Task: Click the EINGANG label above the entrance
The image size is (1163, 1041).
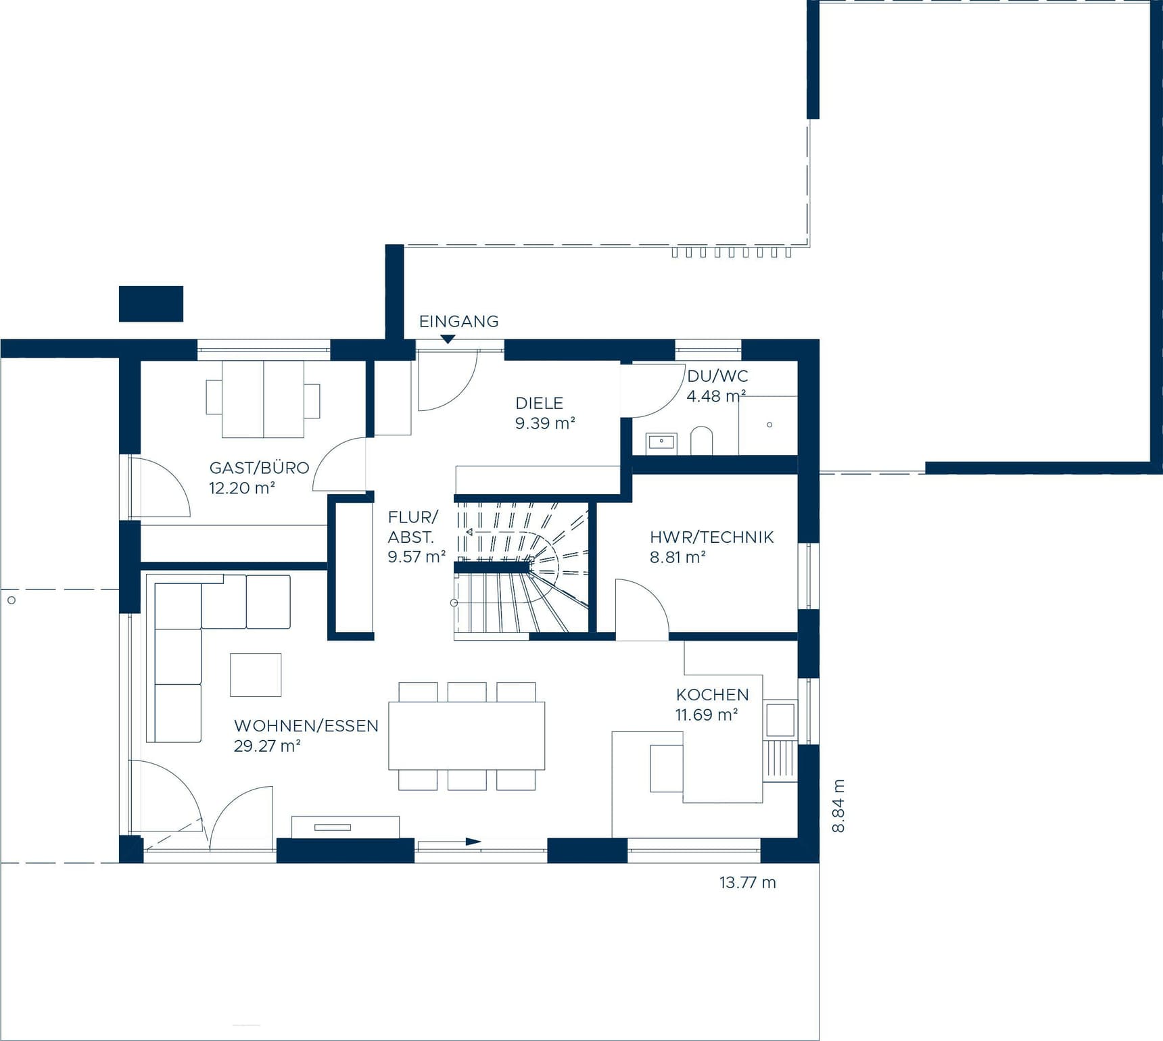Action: [x=458, y=322]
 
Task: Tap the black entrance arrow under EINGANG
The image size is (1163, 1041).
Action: [x=448, y=339]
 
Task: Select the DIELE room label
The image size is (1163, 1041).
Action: [x=539, y=404]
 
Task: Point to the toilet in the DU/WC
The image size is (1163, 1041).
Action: [x=702, y=441]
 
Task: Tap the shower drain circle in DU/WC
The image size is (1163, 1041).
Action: [x=769, y=425]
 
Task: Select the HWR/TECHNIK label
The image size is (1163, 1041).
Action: [x=711, y=537]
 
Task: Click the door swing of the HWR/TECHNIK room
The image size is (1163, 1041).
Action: [x=642, y=608]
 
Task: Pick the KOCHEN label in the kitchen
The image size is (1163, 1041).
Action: [x=712, y=695]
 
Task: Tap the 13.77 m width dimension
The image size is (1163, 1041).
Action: [x=747, y=883]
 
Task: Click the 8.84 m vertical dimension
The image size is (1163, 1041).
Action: [x=838, y=806]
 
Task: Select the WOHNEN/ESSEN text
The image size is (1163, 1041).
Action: [x=306, y=726]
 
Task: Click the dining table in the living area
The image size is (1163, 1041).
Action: [x=467, y=736]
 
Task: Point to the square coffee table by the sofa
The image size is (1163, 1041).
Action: [x=256, y=675]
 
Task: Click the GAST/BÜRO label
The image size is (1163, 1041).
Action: [x=259, y=468]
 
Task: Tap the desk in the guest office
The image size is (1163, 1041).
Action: [x=262, y=399]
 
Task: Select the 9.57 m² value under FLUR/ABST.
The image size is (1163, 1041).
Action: [x=416, y=557]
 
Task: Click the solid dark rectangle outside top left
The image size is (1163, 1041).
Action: [x=151, y=304]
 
